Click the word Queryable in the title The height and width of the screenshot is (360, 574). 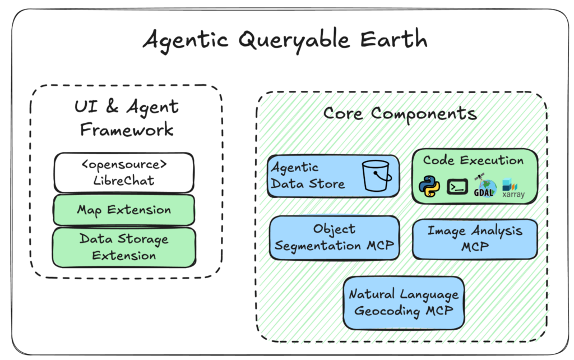294,41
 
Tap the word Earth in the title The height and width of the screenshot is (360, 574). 394,39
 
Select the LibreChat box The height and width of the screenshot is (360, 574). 124,173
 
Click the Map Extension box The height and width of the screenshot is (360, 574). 124,210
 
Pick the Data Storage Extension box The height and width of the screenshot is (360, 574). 124,247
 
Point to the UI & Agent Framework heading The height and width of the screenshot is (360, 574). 127,118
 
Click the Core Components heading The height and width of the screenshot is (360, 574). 400,113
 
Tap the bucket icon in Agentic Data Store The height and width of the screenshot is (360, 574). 376,176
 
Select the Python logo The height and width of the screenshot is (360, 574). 429,186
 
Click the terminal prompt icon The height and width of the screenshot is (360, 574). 457,187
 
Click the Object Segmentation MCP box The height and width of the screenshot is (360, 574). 334,238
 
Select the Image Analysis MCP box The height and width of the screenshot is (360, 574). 475,239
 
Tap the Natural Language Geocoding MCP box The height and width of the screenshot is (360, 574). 404,303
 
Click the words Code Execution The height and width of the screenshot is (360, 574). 473,160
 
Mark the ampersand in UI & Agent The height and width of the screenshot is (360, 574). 112,106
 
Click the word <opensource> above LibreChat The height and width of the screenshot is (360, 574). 124,165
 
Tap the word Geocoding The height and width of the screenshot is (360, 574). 387,311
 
